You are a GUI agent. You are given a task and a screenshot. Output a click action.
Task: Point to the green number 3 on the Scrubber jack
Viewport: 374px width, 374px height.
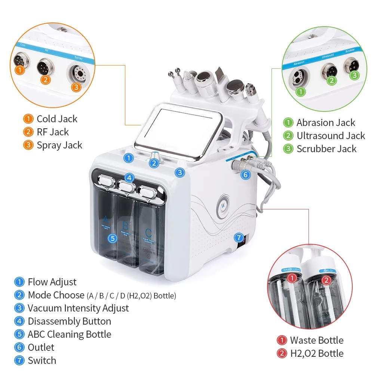355,75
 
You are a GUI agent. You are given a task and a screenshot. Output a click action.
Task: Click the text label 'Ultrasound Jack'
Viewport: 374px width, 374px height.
331,135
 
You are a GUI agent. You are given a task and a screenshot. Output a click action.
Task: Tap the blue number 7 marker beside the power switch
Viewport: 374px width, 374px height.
238,237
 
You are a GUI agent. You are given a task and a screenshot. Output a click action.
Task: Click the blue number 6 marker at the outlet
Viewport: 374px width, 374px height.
245,174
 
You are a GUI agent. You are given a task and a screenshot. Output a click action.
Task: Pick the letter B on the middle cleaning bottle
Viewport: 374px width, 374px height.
126,226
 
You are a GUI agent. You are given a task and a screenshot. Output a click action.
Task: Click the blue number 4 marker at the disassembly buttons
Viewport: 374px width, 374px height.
129,178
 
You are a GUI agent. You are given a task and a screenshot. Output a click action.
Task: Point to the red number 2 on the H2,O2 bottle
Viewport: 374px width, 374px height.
326,280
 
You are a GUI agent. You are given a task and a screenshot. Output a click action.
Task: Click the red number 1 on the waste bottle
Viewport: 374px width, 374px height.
292,278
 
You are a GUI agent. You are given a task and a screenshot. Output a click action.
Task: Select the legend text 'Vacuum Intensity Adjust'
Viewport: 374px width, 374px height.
78,308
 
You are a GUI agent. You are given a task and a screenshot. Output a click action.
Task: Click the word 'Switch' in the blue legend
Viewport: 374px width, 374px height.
42,361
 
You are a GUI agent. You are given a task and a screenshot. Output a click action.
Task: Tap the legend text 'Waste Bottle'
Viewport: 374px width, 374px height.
316,340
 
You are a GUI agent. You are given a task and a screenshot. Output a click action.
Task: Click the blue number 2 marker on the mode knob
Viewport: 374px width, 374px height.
154,163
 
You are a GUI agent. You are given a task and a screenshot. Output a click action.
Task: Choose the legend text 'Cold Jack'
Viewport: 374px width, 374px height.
57,119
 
